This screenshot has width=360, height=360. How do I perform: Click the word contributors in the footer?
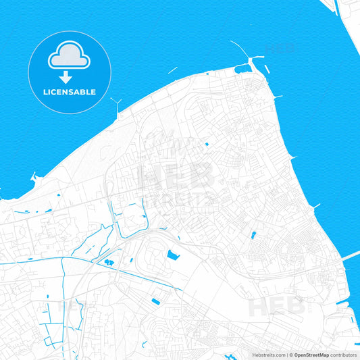click(x=343, y=355)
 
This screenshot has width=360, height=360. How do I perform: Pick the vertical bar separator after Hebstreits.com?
click(x=286, y=355)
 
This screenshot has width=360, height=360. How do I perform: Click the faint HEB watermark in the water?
click(x=280, y=49)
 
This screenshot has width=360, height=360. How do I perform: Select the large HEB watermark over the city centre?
click(x=177, y=177)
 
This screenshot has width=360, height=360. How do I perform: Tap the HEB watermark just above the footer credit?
click(x=277, y=305)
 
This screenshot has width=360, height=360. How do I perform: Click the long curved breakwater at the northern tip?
click(x=240, y=49)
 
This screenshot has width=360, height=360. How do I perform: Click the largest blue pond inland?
click(x=172, y=255)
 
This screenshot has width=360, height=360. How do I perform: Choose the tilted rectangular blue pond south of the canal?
click(x=156, y=301)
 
